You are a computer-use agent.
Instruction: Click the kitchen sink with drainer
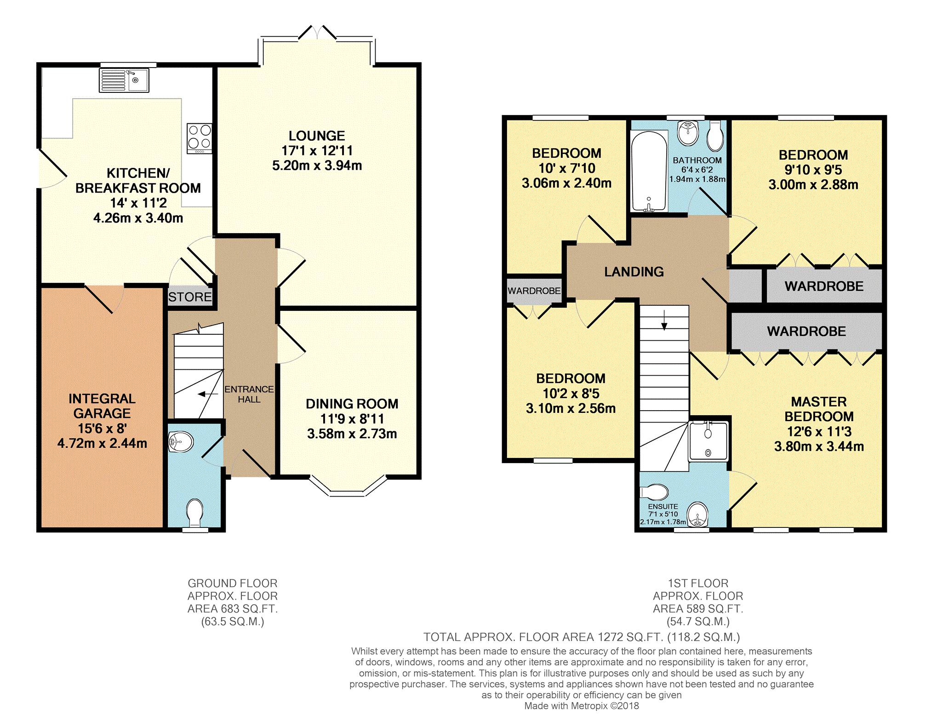point(124,80)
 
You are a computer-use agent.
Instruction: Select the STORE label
point(190,297)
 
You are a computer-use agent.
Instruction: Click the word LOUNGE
point(317,136)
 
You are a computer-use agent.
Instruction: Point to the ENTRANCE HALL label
point(249,395)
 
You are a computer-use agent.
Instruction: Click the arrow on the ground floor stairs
point(208,394)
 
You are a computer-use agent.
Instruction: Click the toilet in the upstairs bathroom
point(715,136)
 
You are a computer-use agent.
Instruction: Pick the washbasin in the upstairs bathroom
point(688,132)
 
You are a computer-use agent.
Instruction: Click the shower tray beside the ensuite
point(708,441)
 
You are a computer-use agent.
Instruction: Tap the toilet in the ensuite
point(655,492)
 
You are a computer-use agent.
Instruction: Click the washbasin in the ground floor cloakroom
point(181,442)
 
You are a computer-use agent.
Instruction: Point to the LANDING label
point(634,272)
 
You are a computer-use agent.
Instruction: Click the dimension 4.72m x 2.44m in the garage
point(102,443)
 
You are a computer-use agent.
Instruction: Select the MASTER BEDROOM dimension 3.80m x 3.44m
point(819,446)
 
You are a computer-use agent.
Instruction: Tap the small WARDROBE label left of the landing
point(534,291)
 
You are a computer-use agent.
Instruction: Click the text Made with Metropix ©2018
point(582,706)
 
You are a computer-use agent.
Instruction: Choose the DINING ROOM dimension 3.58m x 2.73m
point(352,434)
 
